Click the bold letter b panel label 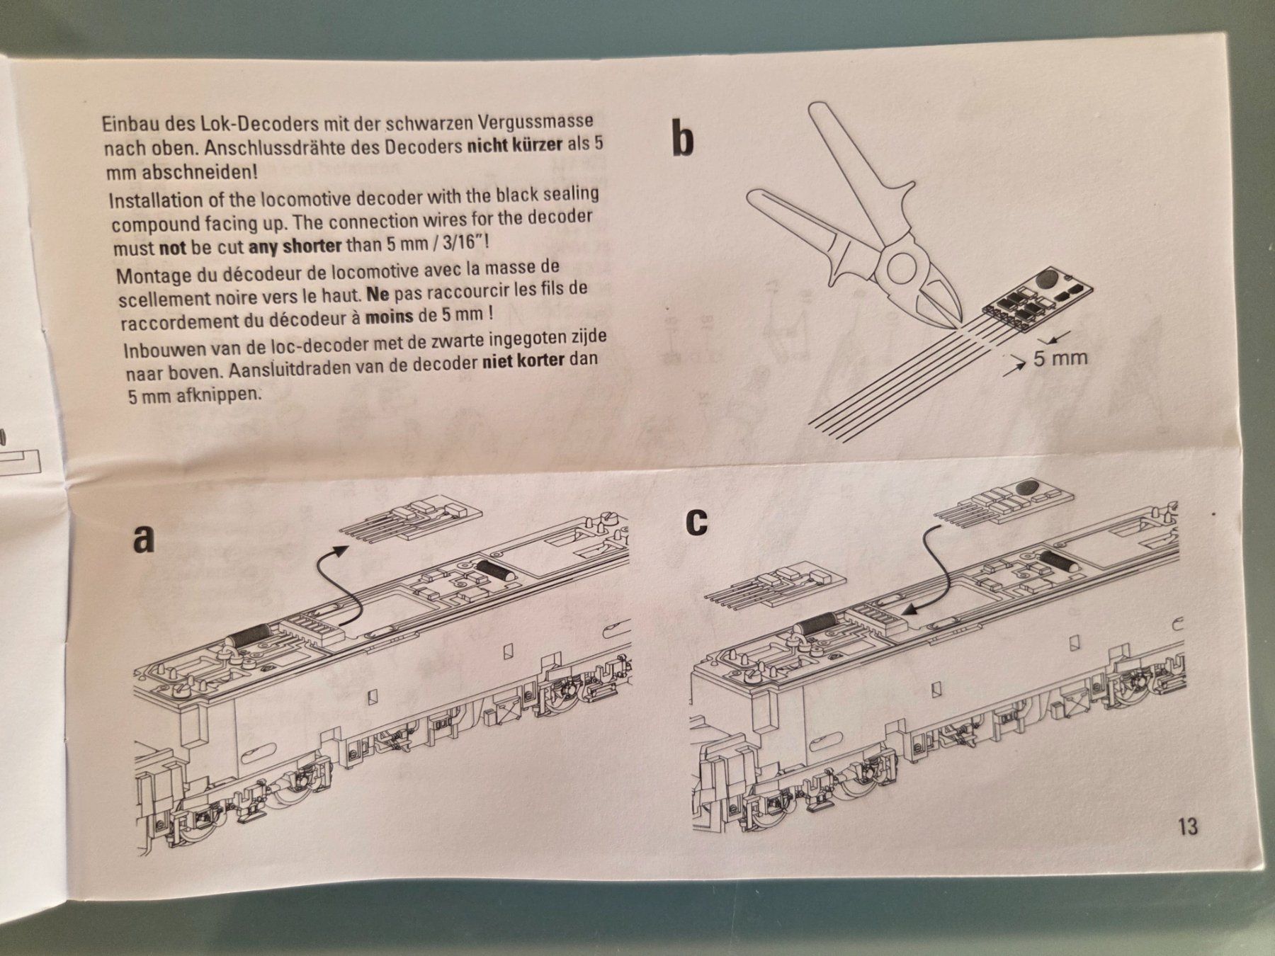click(682, 139)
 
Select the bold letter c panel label click(698, 520)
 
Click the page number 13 click(1188, 826)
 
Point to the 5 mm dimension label click(1060, 358)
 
